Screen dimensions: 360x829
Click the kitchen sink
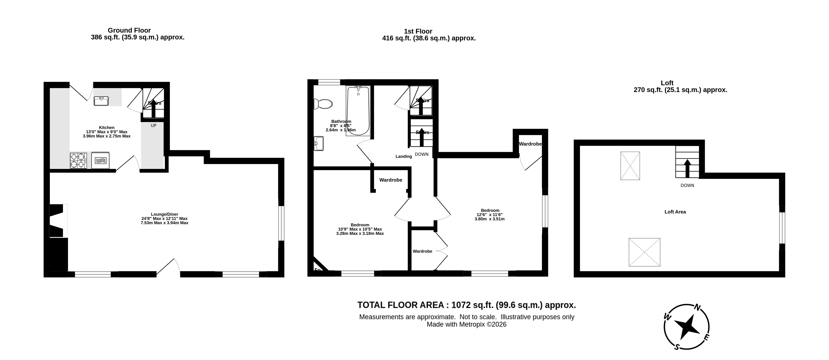(101, 101)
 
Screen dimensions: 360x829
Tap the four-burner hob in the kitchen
(78, 160)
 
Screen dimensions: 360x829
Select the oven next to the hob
(100, 160)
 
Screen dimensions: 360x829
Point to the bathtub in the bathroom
(358, 111)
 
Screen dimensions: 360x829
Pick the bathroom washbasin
(319, 143)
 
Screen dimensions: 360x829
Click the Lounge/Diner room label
(164, 214)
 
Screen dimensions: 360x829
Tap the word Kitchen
(107, 128)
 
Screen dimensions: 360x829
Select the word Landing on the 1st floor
(404, 157)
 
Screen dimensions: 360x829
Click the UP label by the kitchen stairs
(154, 125)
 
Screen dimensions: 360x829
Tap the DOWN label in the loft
(687, 186)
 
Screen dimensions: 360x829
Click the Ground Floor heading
(129, 30)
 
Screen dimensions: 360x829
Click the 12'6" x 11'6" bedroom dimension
(489, 215)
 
